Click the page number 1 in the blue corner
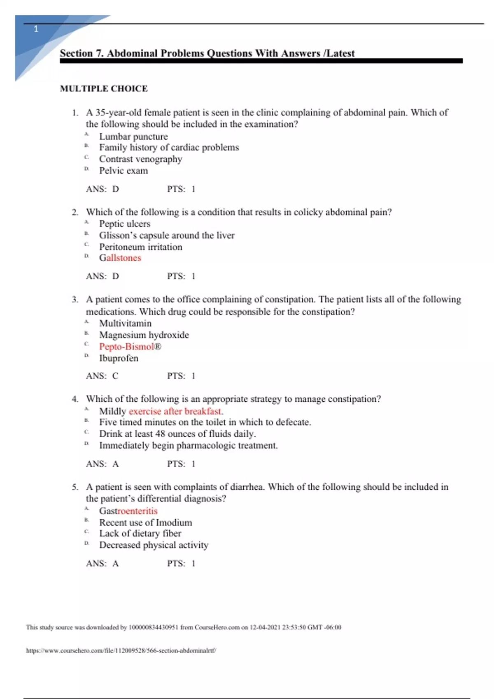pos(36,29)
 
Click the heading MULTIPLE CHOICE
pos(104,88)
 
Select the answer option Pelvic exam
pos(123,171)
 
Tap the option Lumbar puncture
pos(133,137)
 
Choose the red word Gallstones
pos(120,258)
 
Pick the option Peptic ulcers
pos(124,224)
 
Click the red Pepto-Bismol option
pos(130,347)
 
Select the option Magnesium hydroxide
pos(144,335)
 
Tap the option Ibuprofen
pos(119,358)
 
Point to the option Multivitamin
pos(125,324)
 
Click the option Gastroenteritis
pos(128,511)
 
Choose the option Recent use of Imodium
pos(145,523)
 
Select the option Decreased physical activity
pos(154,545)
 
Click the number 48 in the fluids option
pos(160,434)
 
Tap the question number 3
pos(75,300)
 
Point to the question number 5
pos(75,487)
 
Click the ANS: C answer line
pos(102,376)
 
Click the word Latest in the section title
pos(340,53)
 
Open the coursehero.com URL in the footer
pos(121,650)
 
